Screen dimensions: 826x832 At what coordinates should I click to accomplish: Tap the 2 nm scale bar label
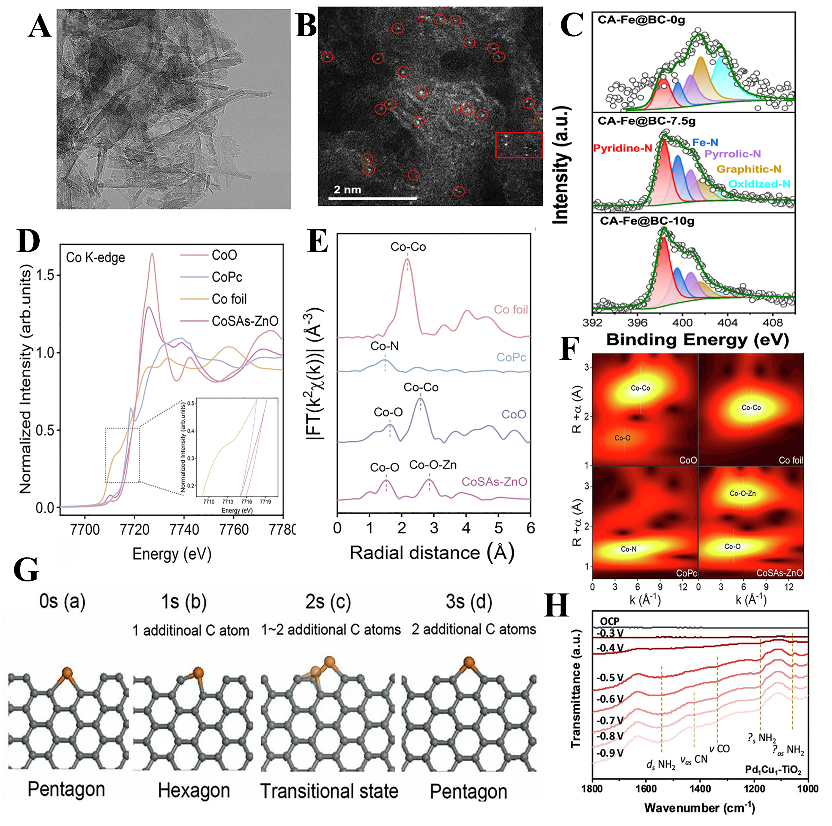[x=347, y=190]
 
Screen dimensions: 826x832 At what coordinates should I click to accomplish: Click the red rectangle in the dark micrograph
[x=518, y=145]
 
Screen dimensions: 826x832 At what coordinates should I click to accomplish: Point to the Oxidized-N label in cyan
[x=759, y=184]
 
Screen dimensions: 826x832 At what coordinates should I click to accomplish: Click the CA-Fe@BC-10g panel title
[x=647, y=221]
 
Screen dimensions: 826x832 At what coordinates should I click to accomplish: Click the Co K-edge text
[x=95, y=257]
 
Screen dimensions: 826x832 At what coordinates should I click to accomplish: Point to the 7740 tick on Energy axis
[x=184, y=529]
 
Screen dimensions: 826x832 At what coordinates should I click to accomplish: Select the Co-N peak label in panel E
[x=384, y=346]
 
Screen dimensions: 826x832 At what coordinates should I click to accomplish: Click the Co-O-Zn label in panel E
[x=432, y=465]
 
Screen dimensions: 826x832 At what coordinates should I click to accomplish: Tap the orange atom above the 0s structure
[x=67, y=673]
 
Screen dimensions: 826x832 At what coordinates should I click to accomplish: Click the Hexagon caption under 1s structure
[x=194, y=791]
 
